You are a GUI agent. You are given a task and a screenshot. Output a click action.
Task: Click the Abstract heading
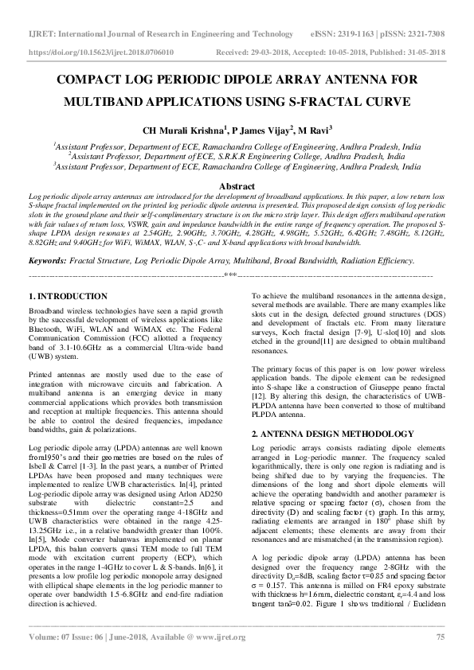pyautogui.click(x=236, y=185)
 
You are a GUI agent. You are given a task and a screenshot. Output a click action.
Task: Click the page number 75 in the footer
pyautogui.click(x=440, y=659)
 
